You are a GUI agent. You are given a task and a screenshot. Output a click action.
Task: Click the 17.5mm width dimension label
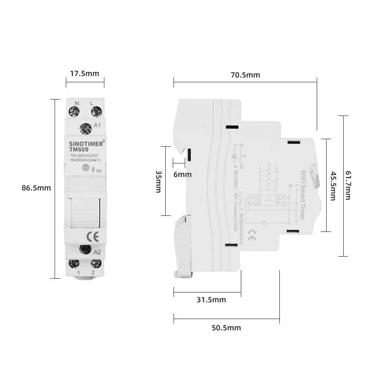pyautogui.click(x=85, y=73)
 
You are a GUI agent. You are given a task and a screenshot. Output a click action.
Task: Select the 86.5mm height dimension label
pyautogui.click(x=36, y=188)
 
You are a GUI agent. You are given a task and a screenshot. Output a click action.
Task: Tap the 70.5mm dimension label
pyautogui.click(x=245, y=75)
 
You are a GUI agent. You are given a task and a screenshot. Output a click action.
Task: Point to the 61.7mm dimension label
pyautogui.click(x=348, y=185)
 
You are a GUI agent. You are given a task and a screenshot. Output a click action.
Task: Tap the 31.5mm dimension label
pyautogui.click(x=211, y=300)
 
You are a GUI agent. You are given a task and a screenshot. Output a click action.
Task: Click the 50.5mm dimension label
pyautogui.click(x=226, y=328)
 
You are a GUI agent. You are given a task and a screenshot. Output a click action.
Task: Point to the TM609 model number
pyautogui.click(x=79, y=149)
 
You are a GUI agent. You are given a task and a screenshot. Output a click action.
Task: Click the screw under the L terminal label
pyautogui.click(x=96, y=111)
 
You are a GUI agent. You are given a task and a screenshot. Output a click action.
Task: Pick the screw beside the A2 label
pyautogui.click(x=86, y=249)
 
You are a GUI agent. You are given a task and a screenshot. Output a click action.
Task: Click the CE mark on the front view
pyautogui.click(x=92, y=236)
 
